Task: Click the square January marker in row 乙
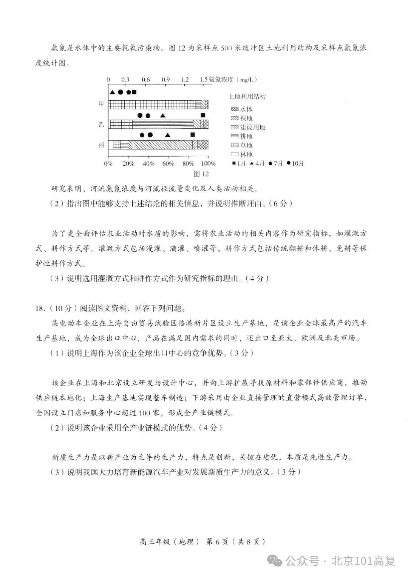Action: pyautogui.click(x=203, y=115)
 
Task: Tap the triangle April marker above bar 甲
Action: pyautogui.click(x=112, y=92)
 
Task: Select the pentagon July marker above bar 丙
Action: pyautogui.click(x=142, y=135)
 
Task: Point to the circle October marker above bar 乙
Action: pyautogui.click(x=140, y=115)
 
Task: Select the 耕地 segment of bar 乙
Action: pyautogui.click(x=162, y=124)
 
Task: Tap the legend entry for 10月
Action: pyautogui.click(x=295, y=163)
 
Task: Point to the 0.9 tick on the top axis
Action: pyautogui.click(x=165, y=80)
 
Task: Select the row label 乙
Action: pyautogui.click(x=101, y=124)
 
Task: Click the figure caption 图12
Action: pyautogui.click(x=201, y=174)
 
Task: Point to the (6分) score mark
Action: pyautogui.click(x=280, y=203)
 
